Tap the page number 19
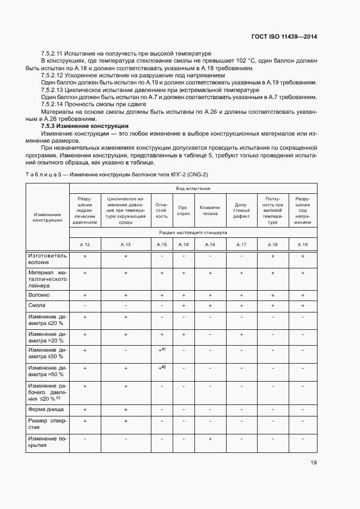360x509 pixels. coord(314,463)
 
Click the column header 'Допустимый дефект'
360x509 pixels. coord(241,211)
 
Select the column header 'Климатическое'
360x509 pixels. coord(210,211)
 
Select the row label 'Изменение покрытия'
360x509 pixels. coord(47,441)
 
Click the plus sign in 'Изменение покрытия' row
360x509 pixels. coord(210,438)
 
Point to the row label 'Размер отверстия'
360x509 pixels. coord(47,424)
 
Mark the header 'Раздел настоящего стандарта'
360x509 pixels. coord(193,232)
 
